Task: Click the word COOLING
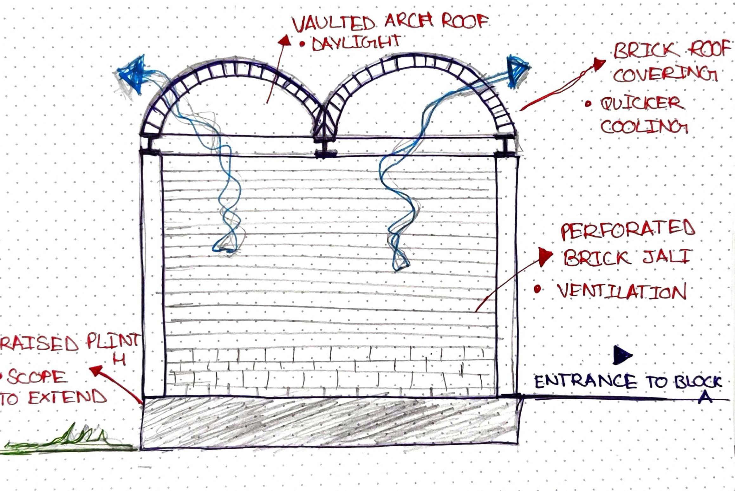[644, 127]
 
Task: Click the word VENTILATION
[622, 291]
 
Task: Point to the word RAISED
[39, 344]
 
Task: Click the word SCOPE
[37, 377]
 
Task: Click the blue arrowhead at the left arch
[133, 73]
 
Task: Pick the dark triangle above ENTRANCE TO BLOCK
[622, 355]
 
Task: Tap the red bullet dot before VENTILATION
[537, 289]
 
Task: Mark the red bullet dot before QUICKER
[588, 104]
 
